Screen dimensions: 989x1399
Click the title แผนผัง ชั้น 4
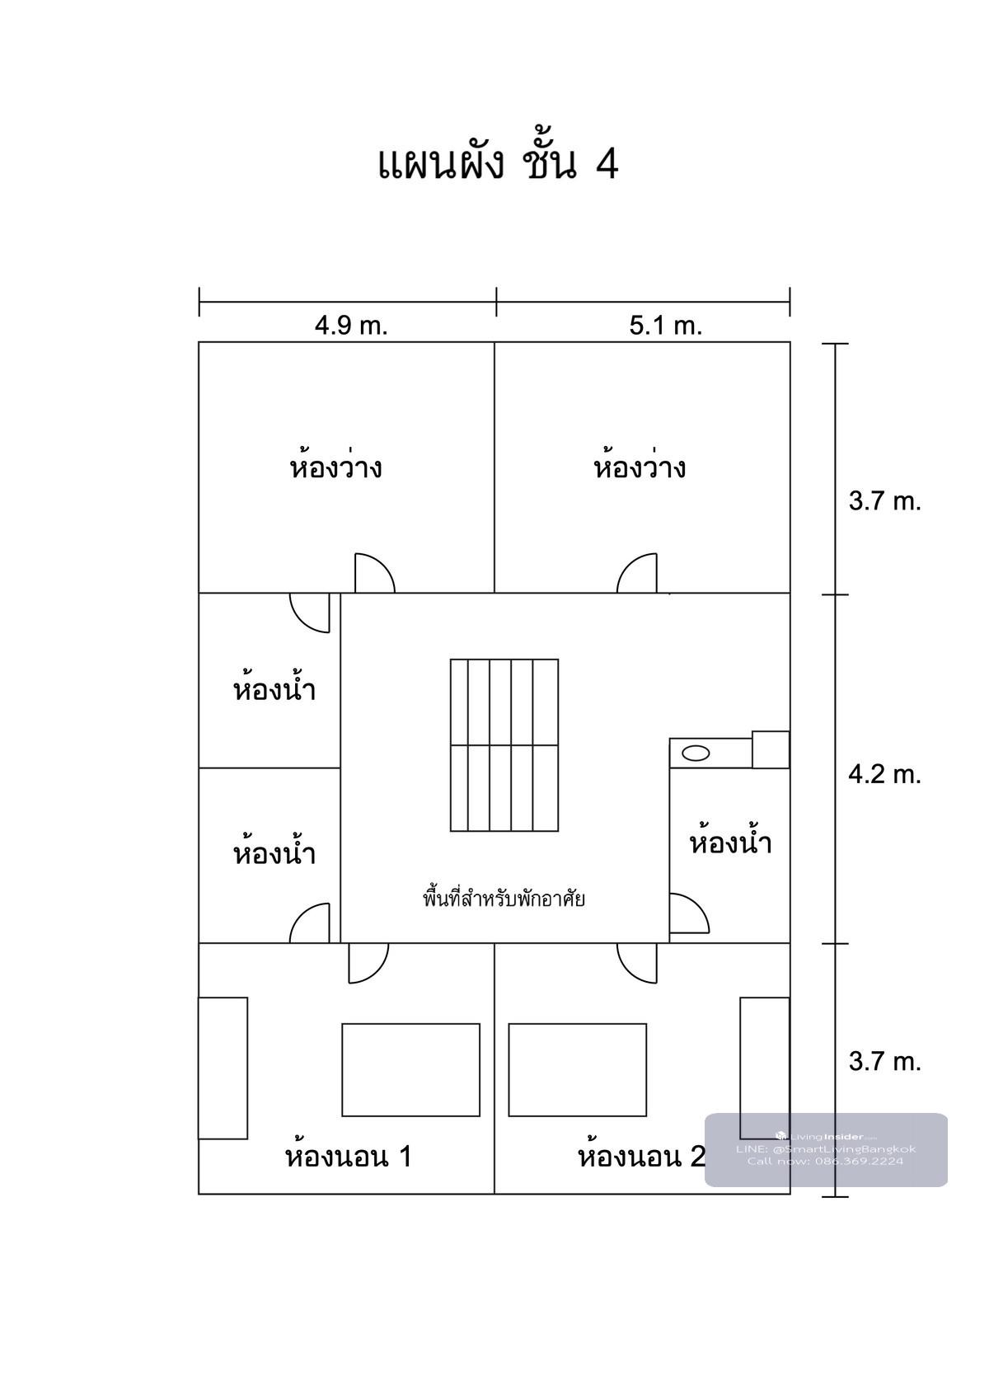[498, 163]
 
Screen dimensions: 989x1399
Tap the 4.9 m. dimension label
[351, 326]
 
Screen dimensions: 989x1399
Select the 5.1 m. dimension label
[666, 326]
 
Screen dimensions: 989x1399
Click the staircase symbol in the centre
[504, 745]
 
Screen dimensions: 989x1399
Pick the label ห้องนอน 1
[349, 1157]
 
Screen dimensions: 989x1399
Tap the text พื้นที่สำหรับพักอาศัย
[504, 899]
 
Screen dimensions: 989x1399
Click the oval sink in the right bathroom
[696, 753]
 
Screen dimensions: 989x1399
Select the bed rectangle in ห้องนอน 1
[410, 1070]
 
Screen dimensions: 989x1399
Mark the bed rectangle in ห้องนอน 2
[578, 1070]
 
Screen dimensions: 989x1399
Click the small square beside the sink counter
[771, 749]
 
